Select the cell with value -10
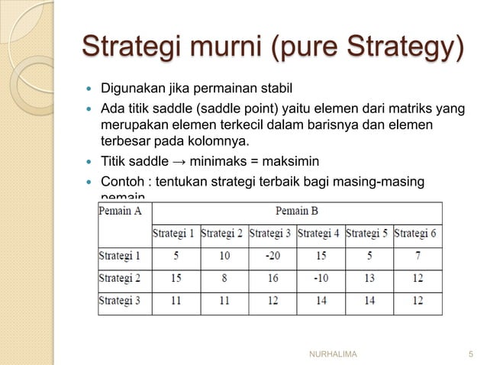coord(320,279)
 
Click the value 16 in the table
coord(272,279)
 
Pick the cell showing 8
coord(224,279)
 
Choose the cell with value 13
coord(368,279)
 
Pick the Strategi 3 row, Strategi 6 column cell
coord(415,301)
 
